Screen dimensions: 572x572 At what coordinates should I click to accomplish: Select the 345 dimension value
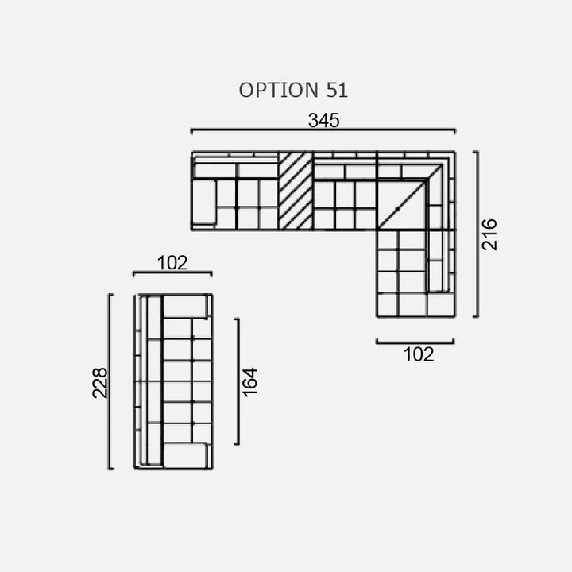tap(323, 120)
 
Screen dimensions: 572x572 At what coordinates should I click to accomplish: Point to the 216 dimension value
tap(489, 234)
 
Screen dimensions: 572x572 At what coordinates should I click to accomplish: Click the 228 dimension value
tap(100, 382)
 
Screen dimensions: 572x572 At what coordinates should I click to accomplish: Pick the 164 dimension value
tap(249, 381)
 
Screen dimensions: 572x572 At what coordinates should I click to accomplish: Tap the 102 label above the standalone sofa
tap(172, 263)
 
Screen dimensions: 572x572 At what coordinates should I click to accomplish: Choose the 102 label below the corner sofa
tap(418, 354)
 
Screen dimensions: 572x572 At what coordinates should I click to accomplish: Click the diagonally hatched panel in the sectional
tap(296, 191)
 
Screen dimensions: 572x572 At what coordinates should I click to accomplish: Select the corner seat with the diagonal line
tap(401, 205)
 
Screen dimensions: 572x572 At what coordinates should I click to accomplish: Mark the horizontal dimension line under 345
tap(323, 130)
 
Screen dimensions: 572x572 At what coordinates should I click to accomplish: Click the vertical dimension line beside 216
tap(475, 234)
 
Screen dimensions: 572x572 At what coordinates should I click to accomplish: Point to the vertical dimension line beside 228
tap(110, 381)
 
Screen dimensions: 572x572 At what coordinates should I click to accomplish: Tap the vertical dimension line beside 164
tap(237, 381)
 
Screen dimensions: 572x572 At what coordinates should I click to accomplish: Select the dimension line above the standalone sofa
tap(172, 273)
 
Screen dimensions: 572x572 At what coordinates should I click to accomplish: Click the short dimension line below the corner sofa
tap(415, 342)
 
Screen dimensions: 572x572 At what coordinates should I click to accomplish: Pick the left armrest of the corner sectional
tap(203, 202)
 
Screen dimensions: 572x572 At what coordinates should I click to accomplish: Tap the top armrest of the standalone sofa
tap(186, 306)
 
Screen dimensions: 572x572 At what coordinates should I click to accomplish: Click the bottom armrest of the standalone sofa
tap(186, 455)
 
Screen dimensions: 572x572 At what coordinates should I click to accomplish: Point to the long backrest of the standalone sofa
tap(153, 381)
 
